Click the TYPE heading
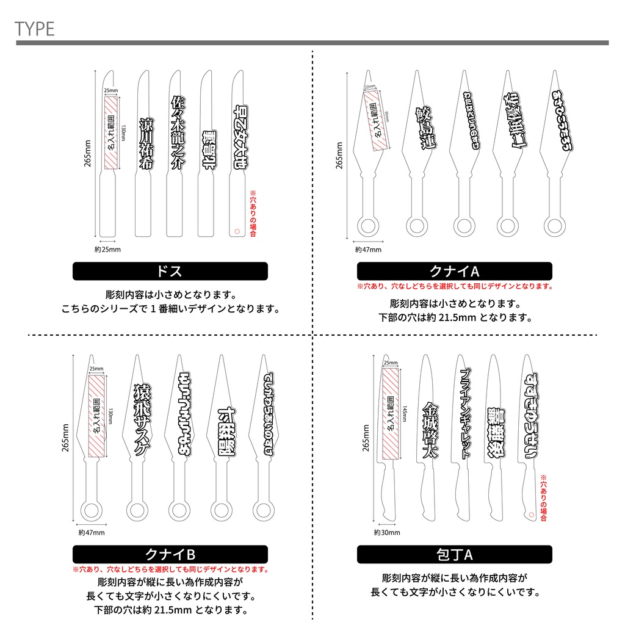pos(35,28)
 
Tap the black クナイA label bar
pos(454,271)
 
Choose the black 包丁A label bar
pos(454,554)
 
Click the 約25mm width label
pos(108,250)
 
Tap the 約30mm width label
pos(387,532)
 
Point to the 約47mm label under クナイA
pos(368,249)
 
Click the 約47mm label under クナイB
pos(92,532)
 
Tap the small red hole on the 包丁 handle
pos(530,515)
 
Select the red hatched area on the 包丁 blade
pos(389,415)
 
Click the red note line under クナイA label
pos(454,286)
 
